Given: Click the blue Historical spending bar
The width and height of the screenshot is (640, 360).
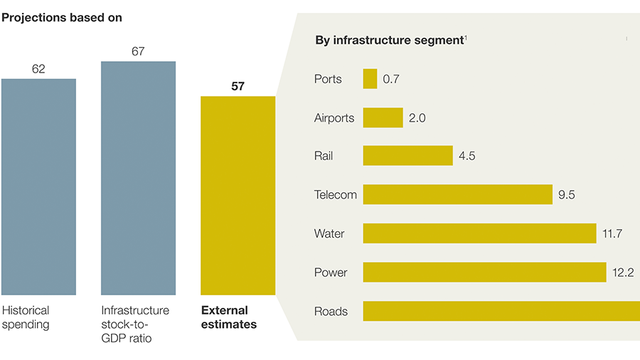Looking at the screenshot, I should [38, 186].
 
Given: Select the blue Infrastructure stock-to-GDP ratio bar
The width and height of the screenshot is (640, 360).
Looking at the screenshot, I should [138, 178].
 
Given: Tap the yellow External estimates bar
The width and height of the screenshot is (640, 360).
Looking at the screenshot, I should [238, 196].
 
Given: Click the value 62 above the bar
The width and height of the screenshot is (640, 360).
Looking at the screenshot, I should [38, 69].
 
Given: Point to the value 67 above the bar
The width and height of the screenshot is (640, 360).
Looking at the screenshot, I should [138, 51].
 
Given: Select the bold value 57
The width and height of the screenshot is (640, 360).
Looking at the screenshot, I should [238, 87].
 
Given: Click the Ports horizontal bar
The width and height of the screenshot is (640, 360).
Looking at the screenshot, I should [370, 79].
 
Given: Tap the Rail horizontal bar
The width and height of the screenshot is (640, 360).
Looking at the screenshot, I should [407, 156].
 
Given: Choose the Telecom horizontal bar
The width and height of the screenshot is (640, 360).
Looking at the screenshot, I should [457, 194].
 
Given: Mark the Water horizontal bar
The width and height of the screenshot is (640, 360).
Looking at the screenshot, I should [479, 233].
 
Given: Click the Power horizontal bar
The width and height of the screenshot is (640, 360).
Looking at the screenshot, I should [484, 272].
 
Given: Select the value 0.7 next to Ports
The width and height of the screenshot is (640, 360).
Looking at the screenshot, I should [391, 79].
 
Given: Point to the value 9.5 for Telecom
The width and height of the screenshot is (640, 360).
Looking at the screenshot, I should [566, 194].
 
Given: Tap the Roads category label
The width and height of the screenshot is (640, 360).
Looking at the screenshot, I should [331, 311].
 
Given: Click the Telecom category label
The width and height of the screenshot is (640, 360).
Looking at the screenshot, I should [336, 194].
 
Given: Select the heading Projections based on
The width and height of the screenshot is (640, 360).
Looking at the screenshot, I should [62, 18].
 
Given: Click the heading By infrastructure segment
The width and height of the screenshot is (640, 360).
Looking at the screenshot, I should [389, 40].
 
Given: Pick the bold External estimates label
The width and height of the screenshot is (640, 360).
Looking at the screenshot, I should [229, 317].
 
